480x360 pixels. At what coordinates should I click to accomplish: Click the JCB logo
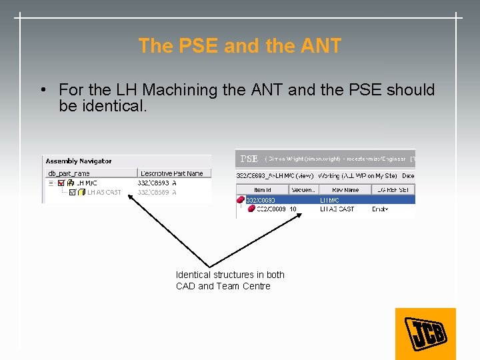click(x=425, y=333)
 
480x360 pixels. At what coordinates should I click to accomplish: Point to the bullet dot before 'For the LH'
click(x=42, y=90)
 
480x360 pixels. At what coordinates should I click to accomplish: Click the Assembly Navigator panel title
click(x=79, y=161)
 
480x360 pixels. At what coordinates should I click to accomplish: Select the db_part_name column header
click(x=68, y=173)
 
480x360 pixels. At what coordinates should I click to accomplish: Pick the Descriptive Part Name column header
click(x=171, y=173)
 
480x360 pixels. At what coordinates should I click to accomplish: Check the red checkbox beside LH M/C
click(x=61, y=183)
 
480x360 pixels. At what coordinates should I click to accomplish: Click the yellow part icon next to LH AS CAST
click(x=82, y=192)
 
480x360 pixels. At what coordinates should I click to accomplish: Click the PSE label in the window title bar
click(x=249, y=159)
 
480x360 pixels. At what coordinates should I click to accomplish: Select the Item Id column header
click(x=264, y=190)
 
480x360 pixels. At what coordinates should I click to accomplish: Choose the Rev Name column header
click(x=345, y=190)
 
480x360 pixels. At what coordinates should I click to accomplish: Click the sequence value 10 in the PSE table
click(x=293, y=209)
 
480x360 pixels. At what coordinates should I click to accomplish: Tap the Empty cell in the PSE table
click(x=380, y=209)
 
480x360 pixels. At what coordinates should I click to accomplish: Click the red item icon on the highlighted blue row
click(x=241, y=199)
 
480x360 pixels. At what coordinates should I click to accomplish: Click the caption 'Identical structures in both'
click(x=230, y=275)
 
